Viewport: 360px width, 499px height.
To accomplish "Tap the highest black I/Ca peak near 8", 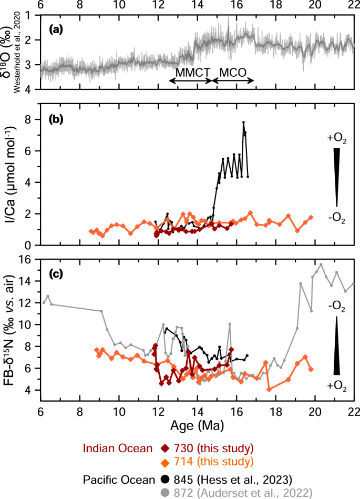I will (243, 123).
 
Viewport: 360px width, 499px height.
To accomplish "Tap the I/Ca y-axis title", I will (12, 174).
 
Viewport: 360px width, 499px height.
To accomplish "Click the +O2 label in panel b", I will (336, 138).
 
